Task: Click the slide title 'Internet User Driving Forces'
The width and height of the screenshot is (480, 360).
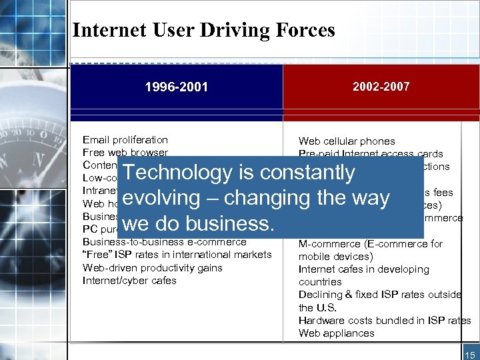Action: [x=203, y=30]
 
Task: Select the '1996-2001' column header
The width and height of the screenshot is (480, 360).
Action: [x=177, y=87]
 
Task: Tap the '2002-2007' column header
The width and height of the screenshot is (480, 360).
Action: [x=382, y=87]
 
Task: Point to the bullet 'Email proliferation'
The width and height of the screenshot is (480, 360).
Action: [x=125, y=140]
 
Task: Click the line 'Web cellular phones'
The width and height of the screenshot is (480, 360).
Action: [x=346, y=141]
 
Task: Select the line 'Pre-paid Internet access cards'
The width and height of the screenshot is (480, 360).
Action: [x=370, y=154]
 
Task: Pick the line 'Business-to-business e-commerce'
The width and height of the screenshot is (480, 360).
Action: [x=164, y=242]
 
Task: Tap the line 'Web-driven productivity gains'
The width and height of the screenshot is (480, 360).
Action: [x=152, y=268]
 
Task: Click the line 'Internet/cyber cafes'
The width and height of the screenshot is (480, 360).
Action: [x=129, y=281]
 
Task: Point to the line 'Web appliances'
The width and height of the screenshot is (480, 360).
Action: [x=336, y=333]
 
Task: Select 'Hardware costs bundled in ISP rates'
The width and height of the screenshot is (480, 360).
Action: [x=384, y=321]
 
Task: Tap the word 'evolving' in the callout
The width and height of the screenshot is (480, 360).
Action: [x=161, y=199]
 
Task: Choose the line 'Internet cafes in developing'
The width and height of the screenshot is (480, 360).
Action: [x=363, y=269]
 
